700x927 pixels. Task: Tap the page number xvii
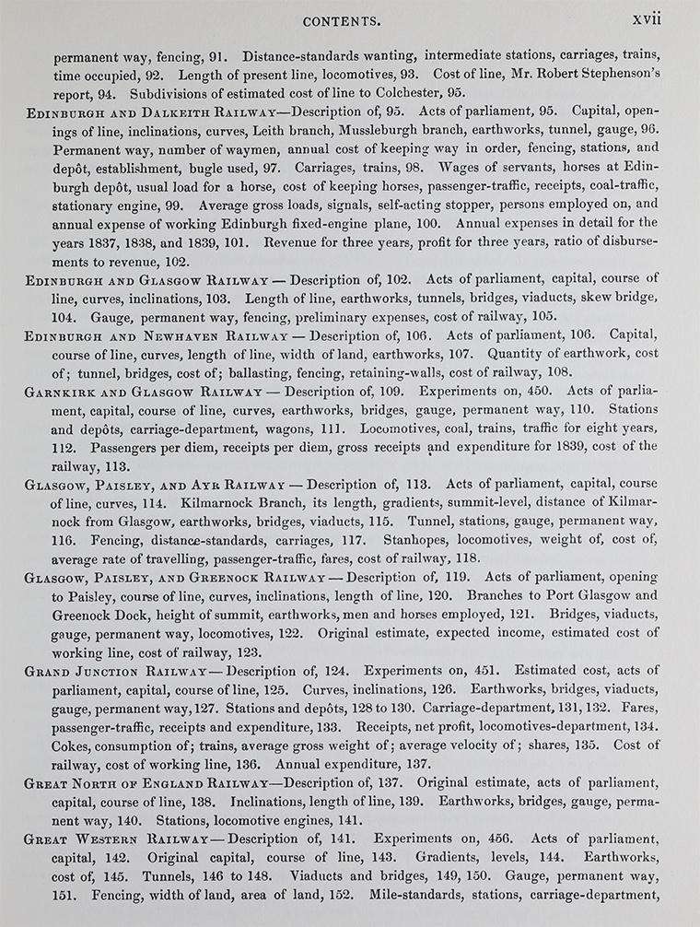(x=647, y=19)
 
